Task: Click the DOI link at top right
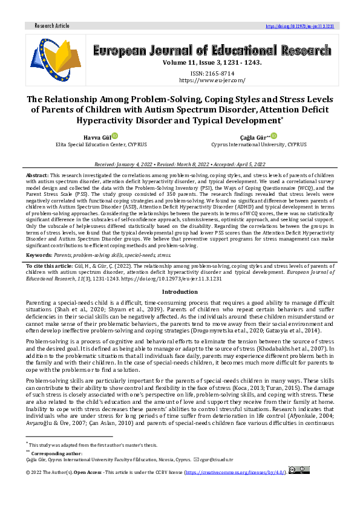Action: [x=299, y=26]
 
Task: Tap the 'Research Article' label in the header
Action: [x=52, y=26]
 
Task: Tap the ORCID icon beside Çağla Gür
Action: [x=273, y=136]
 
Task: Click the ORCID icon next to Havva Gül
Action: [x=113, y=136]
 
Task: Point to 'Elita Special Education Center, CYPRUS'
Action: [x=101, y=145]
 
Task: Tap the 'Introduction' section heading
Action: [x=180, y=291]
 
